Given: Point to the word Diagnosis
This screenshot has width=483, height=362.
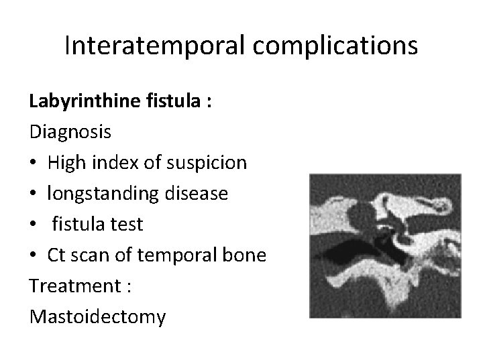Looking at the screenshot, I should coord(70,132).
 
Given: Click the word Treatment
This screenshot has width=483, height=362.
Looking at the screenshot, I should coord(64,286).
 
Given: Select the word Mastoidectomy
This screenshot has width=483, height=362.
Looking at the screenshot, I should coord(97,317).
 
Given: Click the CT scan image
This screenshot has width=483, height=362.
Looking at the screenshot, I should coord(385,246).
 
